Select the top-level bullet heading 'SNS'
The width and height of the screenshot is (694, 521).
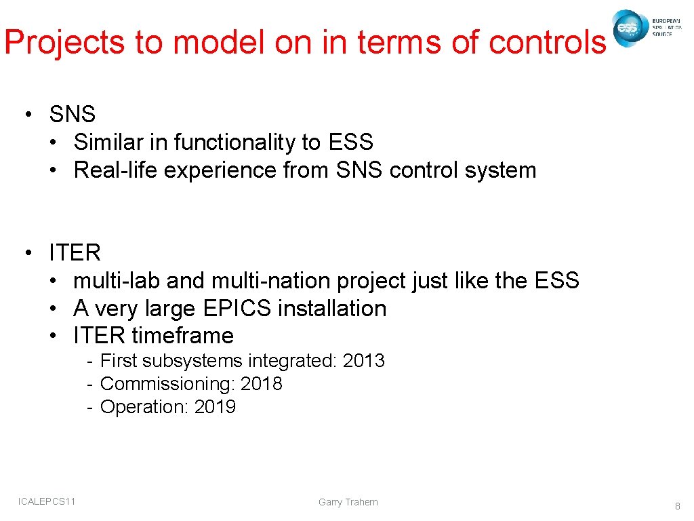click(x=72, y=114)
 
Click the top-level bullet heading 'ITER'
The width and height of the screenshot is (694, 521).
click(x=75, y=253)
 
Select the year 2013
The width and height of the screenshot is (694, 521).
click(x=364, y=361)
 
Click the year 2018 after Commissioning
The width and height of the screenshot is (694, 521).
click(x=262, y=384)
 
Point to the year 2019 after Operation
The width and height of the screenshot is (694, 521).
click(x=215, y=407)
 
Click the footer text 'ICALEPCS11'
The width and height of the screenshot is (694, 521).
click(x=47, y=501)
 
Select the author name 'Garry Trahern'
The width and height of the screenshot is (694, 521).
click(x=348, y=502)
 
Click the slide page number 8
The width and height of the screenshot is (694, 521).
click(x=677, y=505)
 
